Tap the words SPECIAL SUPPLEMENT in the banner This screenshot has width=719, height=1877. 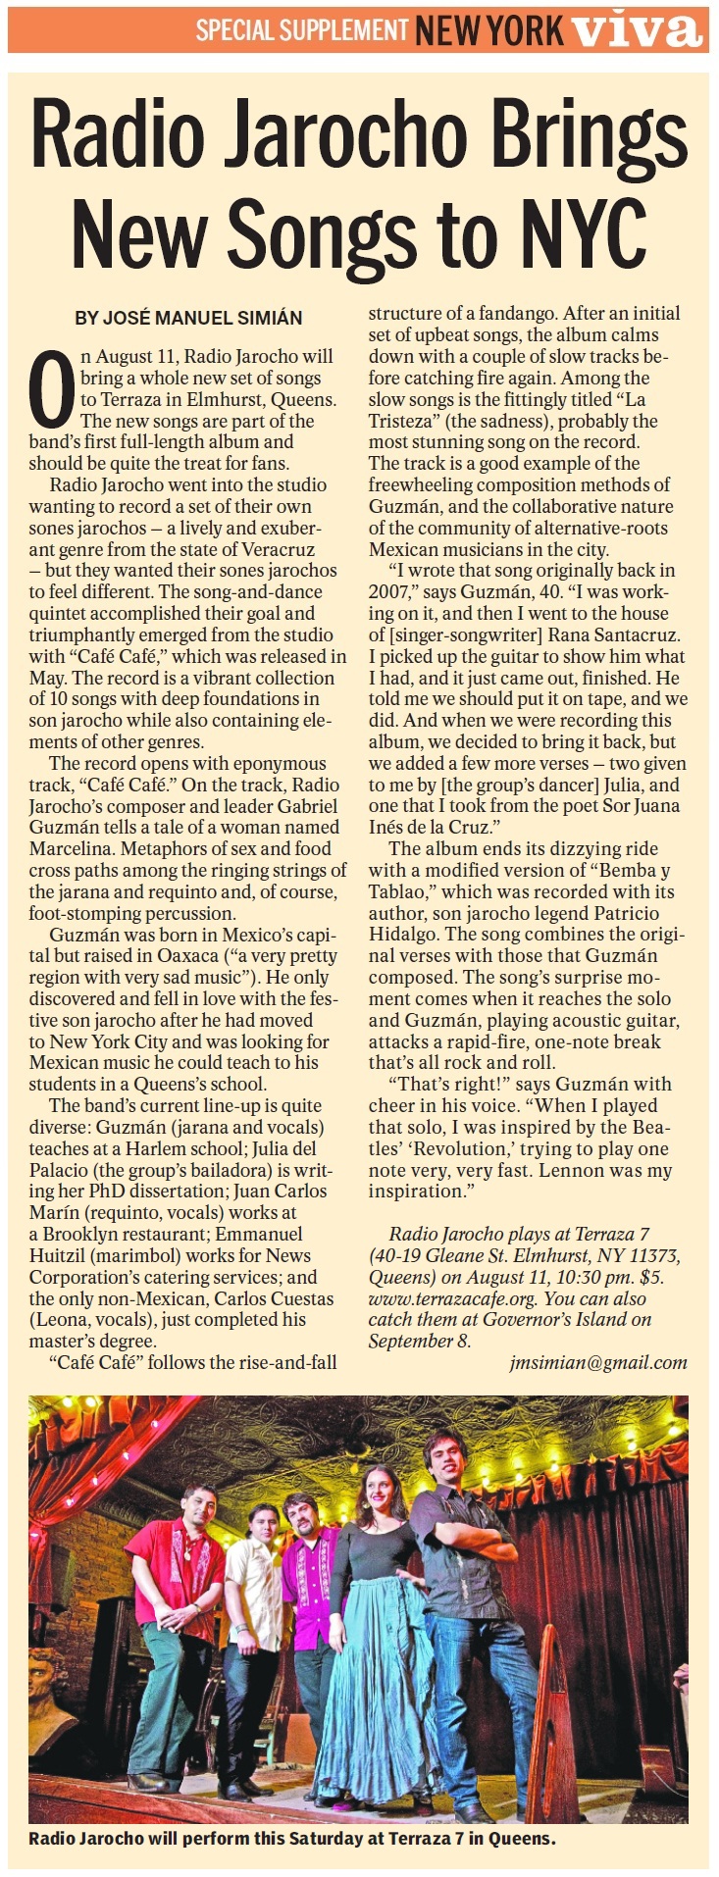(301, 29)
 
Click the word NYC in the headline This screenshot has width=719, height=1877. (587, 230)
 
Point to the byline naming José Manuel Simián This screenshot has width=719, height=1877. (188, 318)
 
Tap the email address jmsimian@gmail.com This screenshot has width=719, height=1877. (598, 1362)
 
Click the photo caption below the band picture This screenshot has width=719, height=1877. (292, 1838)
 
